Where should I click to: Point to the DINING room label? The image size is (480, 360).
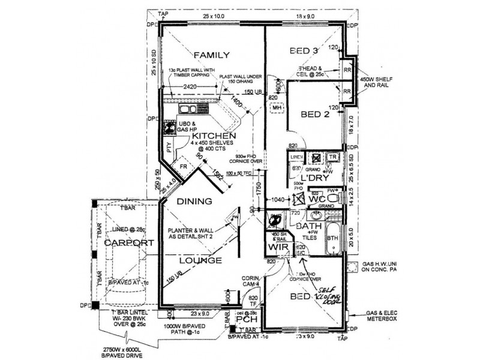(x=193, y=202)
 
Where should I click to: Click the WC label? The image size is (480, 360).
(x=317, y=199)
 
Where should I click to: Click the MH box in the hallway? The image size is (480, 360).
(x=277, y=108)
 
